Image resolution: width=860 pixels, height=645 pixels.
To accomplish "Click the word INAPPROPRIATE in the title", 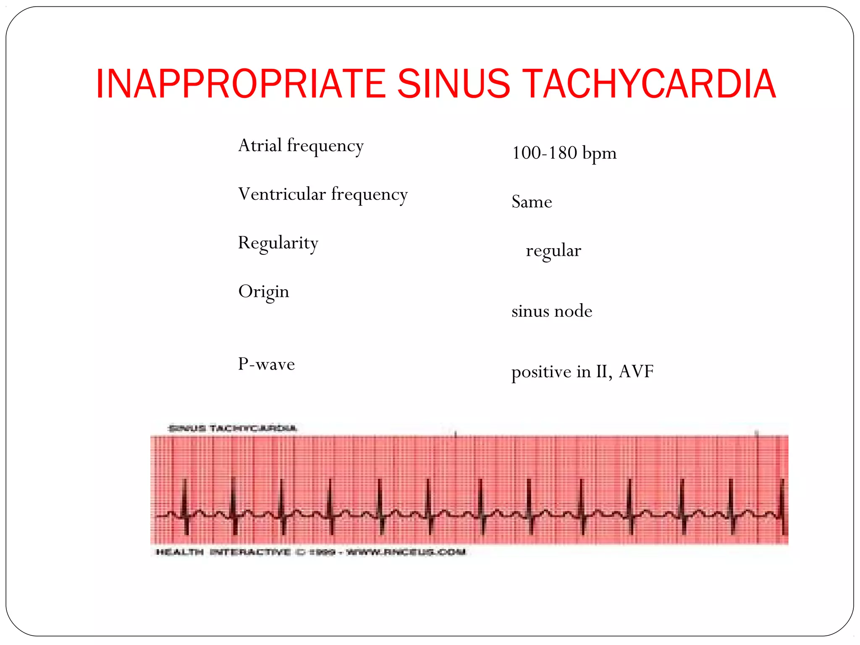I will pyautogui.click(x=241, y=84).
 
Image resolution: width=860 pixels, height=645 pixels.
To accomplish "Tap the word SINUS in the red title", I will pyautogui.click(x=454, y=84).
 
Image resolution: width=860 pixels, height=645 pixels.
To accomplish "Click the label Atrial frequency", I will pyautogui.click(x=301, y=146).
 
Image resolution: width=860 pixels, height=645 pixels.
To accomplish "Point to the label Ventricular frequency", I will pyautogui.click(x=322, y=195).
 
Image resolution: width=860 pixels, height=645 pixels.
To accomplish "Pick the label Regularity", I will pyautogui.click(x=278, y=244).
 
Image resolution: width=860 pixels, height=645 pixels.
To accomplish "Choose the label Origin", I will pyautogui.click(x=264, y=292).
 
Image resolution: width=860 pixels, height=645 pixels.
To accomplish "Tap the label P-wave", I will pyautogui.click(x=266, y=364).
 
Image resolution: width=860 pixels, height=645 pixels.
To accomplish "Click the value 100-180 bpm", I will pyautogui.click(x=564, y=153).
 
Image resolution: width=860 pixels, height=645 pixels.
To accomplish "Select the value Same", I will pyautogui.click(x=532, y=202).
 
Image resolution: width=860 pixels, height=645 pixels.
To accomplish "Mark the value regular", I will pyautogui.click(x=553, y=251).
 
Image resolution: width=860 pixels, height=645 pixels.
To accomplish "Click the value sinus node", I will pyautogui.click(x=552, y=311).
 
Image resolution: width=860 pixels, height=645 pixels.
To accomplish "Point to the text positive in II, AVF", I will pyautogui.click(x=582, y=372).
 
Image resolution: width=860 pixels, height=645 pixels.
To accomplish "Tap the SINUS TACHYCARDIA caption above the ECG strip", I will pyautogui.click(x=232, y=428).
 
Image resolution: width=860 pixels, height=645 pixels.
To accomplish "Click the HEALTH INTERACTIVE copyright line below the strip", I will pyautogui.click(x=311, y=552).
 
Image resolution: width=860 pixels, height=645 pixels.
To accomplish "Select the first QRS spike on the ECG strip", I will pyautogui.click(x=184, y=504).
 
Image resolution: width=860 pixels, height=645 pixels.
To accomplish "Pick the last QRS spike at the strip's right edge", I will pyautogui.click(x=782, y=504).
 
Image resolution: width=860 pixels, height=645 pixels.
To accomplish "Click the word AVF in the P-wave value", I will pyautogui.click(x=636, y=372).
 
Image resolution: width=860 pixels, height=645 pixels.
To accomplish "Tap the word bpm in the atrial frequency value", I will pyautogui.click(x=600, y=154).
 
